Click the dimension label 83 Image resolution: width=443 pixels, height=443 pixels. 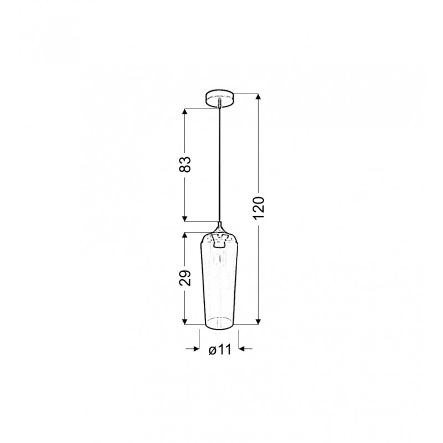(x=185, y=164)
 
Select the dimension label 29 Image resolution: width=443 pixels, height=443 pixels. (x=185, y=279)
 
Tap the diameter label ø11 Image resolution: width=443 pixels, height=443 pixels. (x=220, y=350)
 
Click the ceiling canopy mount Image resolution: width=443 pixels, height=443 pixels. (x=219, y=99)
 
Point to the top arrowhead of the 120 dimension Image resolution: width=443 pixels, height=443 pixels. (x=258, y=96)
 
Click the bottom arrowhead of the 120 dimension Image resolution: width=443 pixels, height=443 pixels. (x=258, y=322)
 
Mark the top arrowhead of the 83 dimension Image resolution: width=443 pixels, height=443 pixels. (x=185, y=112)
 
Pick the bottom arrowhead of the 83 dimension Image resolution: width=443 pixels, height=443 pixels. (x=185, y=219)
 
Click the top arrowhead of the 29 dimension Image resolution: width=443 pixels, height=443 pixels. (x=185, y=236)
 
